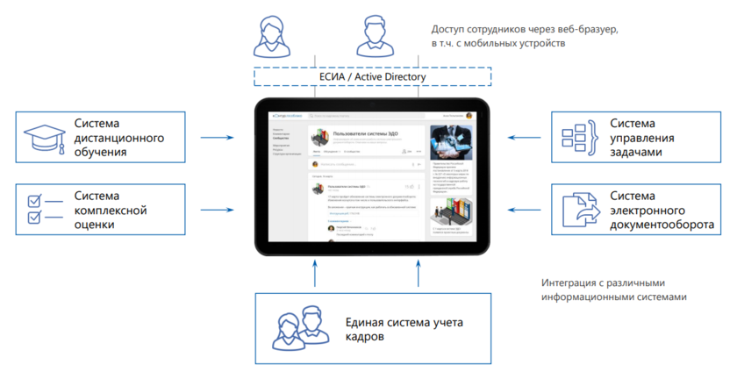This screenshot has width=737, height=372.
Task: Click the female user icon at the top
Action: (x=271, y=37)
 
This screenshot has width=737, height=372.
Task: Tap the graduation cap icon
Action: (x=43, y=138)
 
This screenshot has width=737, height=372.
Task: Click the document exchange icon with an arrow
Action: (x=583, y=210)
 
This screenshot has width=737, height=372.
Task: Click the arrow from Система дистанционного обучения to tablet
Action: (x=217, y=137)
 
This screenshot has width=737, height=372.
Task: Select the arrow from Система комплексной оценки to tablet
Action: (x=217, y=210)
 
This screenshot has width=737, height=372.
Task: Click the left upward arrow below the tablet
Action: (x=314, y=275)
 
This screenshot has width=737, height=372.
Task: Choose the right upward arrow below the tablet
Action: (x=419, y=275)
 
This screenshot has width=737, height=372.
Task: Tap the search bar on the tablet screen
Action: (x=351, y=115)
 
